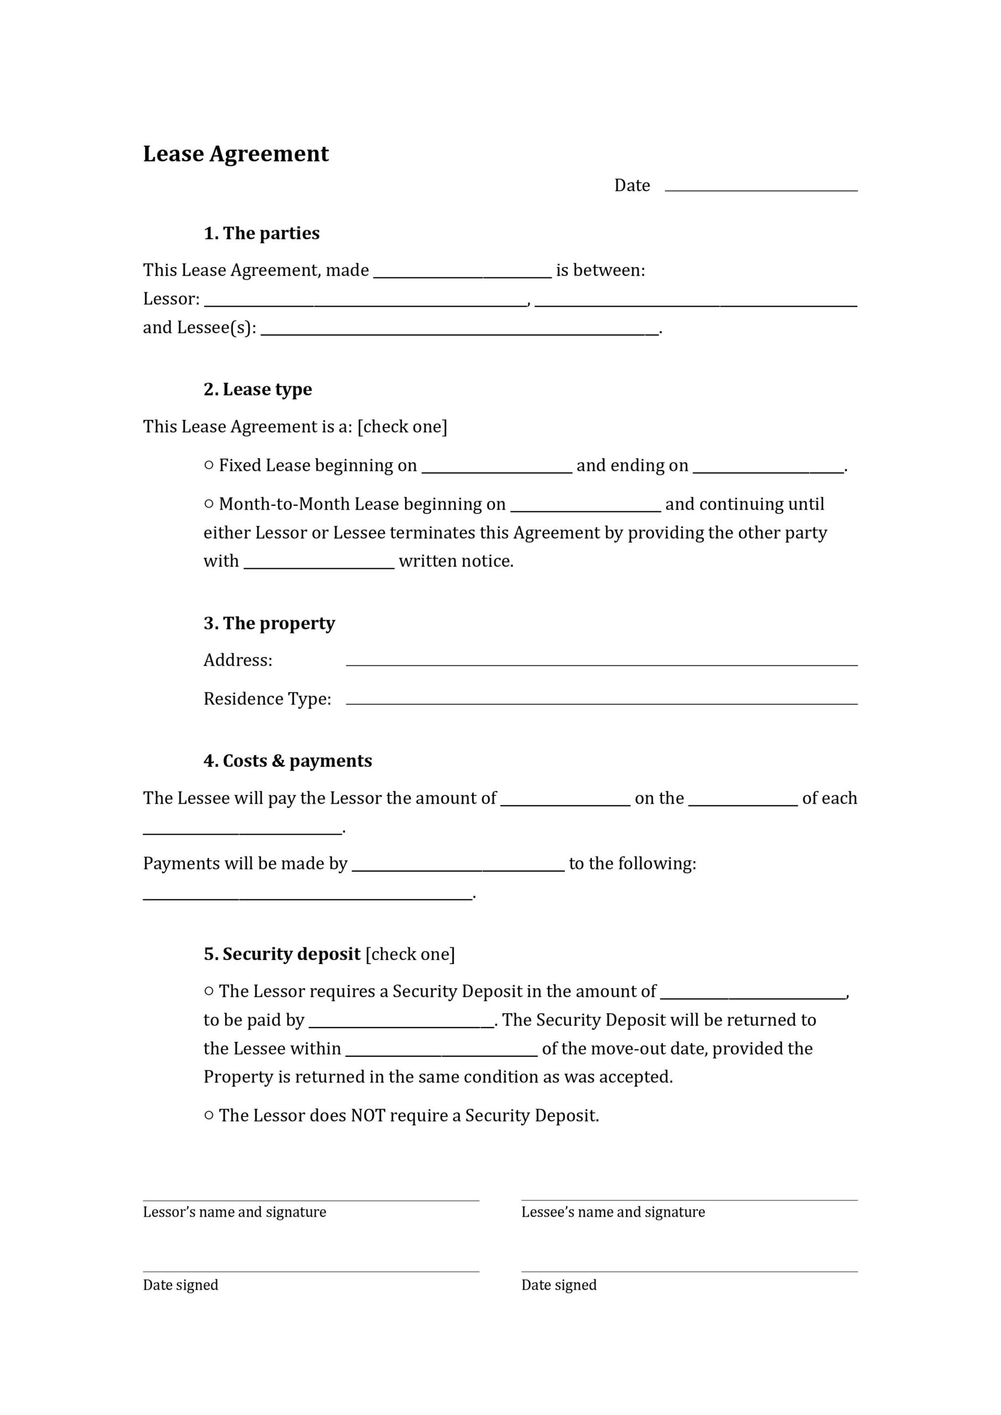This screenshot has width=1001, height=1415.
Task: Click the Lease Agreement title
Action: (x=235, y=154)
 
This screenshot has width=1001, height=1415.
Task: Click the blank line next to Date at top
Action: (x=761, y=186)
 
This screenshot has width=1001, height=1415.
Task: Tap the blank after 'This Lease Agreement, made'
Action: (x=462, y=272)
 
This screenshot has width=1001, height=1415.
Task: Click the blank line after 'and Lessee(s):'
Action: (x=459, y=330)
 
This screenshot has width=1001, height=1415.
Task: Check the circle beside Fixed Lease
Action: (x=209, y=465)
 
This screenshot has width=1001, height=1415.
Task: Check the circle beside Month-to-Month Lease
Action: (x=209, y=504)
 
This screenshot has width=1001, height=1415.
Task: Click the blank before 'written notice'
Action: (x=319, y=563)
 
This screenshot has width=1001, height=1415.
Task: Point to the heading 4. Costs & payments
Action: (x=288, y=761)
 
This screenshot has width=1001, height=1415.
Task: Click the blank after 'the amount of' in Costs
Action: (x=565, y=800)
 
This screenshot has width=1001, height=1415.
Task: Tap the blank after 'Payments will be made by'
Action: (x=458, y=866)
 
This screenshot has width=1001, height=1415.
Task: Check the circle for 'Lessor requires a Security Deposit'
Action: (x=209, y=990)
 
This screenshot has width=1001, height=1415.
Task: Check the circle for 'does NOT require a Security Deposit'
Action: (x=209, y=1115)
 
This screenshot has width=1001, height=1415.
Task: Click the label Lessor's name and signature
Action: (x=234, y=1212)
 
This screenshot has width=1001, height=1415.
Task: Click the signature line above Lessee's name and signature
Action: (x=689, y=1199)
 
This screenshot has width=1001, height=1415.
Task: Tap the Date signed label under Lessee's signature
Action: (x=558, y=1285)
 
